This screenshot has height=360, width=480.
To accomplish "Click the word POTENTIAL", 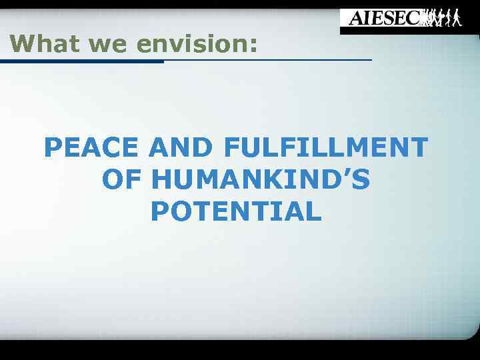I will [237, 212].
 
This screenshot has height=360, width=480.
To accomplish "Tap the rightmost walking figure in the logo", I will [456, 18].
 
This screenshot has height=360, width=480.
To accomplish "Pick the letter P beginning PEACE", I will [53, 147].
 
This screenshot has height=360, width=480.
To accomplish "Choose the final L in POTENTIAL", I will [314, 212].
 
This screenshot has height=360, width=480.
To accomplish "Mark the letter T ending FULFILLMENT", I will [418, 147].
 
